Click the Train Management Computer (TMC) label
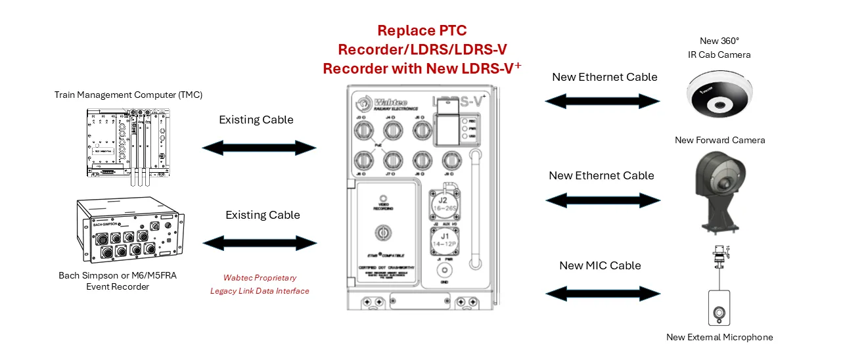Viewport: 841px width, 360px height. [x=129, y=95]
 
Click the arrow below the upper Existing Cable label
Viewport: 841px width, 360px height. [x=259, y=148]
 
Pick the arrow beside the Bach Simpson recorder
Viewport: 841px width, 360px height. [x=260, y=244]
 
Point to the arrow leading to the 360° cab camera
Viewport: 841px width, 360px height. [x=602, y=101]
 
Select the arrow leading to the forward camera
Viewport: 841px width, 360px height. [x=602, y=200]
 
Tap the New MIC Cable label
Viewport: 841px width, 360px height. [x=600, y=265]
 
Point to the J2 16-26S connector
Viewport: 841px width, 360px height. [x=443, y=204]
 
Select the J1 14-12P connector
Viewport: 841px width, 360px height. [x=443, y=240]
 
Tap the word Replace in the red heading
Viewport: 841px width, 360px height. [x=402, y=30]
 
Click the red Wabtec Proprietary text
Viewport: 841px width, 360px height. [x=260, y=278]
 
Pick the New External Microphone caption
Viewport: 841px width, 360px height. [x=719, y=338]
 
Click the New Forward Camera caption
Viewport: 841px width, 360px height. [x=719, y=140]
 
